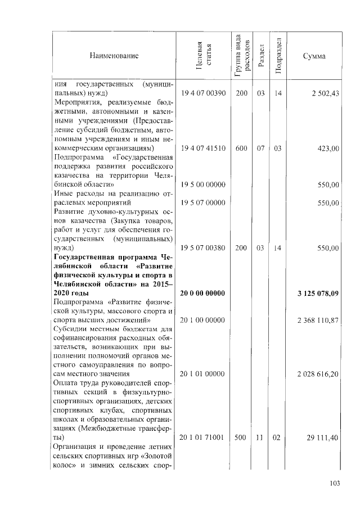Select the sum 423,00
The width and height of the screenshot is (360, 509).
tap(328, 148)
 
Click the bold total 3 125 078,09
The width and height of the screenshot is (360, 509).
tap(318, 293)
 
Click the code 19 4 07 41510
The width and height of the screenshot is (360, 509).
tap(202, 148)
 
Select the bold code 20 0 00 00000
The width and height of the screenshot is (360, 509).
tap(202, 293)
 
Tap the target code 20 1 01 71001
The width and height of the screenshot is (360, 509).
tap(202, 437)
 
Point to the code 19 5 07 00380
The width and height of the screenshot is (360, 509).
tap(202, 247)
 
